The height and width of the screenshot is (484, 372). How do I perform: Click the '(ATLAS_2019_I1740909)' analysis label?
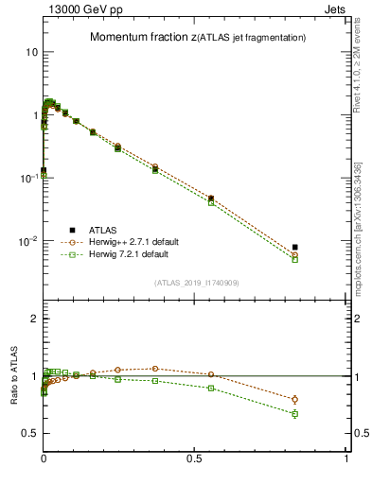[196, 283]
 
